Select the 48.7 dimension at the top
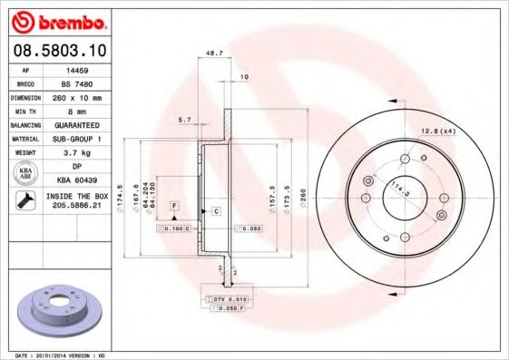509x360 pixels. tap(215, 53)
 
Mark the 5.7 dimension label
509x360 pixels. tap(185, 120)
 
